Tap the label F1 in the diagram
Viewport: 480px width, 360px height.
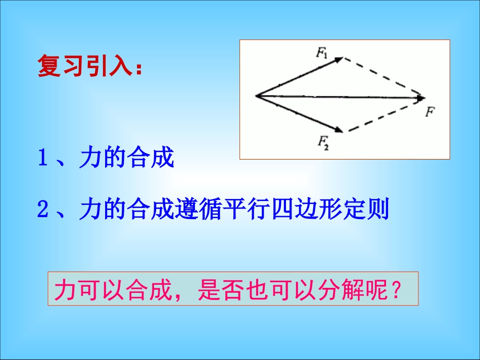(321, 53)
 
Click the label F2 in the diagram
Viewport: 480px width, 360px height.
(323, 141)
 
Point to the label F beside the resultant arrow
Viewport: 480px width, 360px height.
(429, 112)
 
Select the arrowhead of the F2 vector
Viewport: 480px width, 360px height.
(339, 130)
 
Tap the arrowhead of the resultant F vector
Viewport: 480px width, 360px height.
(420, 98)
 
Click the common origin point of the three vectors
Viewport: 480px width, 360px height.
(257, 95)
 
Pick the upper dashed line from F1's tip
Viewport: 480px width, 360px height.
(383, 76)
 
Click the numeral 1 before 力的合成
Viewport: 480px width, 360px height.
(43, 160)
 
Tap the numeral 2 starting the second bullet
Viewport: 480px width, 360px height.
(43, 210)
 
